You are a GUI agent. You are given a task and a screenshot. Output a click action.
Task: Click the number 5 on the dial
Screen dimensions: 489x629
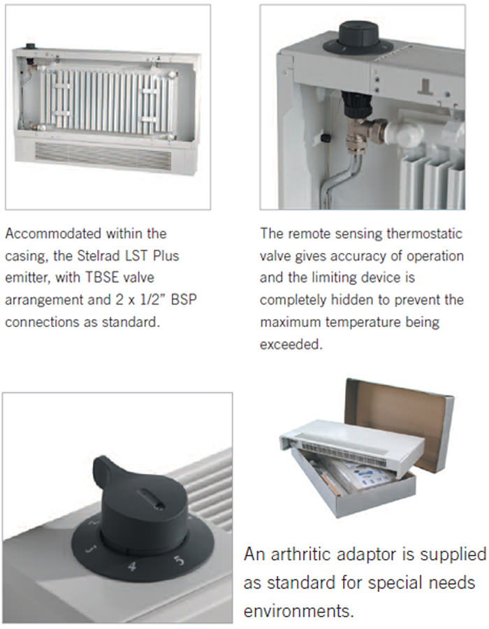[180, 560]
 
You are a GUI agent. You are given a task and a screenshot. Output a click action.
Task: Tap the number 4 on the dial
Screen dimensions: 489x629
[132, 566]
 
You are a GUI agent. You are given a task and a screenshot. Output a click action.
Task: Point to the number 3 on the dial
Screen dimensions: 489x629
[92, 549]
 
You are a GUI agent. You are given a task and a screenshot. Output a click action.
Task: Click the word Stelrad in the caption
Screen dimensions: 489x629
[98, 256]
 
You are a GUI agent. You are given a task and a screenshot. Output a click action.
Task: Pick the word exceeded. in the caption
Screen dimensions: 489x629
[291, 344]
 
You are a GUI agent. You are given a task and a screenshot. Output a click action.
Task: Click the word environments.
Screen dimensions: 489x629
[298, 611]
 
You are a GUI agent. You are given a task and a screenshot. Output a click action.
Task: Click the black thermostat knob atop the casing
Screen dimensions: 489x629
[358, 38]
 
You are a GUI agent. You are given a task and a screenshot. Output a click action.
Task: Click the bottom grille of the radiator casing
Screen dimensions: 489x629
[103, 156]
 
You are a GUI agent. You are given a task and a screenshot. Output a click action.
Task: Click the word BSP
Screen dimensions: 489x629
[184, 300]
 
